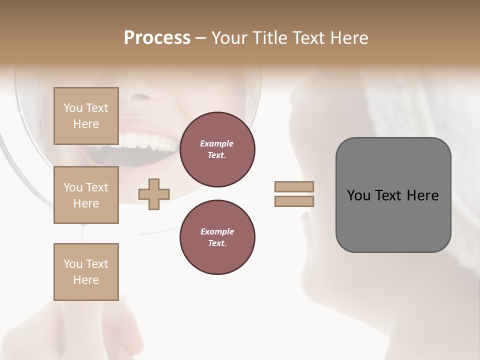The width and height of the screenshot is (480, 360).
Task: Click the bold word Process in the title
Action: (157, 38)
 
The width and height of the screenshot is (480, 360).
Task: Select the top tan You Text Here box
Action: (86, 116)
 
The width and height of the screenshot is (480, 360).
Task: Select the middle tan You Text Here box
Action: (86, 195)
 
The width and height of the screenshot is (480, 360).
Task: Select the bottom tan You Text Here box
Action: (86, 272)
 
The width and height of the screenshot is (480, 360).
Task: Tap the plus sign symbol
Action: (154, 194)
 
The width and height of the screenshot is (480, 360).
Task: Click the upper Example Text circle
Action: (217, 149)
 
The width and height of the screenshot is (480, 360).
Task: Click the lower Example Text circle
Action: (217, 237)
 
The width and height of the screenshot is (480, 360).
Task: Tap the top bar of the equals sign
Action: (294, 186)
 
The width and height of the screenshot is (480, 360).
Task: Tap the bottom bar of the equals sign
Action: (294, 201)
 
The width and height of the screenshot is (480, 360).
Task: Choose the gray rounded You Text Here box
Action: (393, 195)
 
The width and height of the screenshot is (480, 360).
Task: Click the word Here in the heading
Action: (349, 38)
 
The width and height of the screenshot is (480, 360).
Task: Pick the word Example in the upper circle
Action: (217, 143)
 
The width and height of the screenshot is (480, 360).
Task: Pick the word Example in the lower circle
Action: (217, 231)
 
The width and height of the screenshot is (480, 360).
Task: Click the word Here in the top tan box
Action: (86, 124)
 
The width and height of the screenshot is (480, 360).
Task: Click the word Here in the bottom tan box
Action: (86, 280)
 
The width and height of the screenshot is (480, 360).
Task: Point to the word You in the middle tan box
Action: (72, 187)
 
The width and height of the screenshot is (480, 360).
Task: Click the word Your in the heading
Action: (230, 38)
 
